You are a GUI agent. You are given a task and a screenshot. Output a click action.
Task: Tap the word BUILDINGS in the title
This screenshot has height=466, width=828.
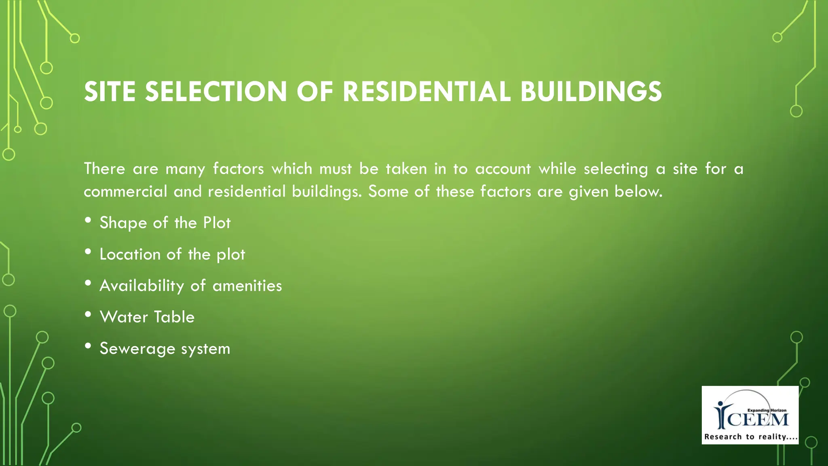tap(591, 91)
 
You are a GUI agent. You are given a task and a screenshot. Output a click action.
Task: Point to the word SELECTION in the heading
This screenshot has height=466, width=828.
tap(216, 91)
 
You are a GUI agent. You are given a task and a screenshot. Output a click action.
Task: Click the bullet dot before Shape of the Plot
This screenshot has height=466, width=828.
tap(88, 220)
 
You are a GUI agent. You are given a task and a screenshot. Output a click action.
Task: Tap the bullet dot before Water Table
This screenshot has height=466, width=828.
tap(88, 315)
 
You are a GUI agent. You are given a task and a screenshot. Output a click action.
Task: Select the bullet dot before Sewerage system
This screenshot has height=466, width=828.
tap(88, 346)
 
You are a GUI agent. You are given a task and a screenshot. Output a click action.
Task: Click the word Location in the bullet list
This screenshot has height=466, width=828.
tap(130, 254)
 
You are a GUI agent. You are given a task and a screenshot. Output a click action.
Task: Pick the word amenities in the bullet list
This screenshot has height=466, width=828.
tap(247, 286)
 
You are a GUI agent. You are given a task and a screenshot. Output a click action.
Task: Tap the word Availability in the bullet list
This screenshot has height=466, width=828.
tap(142, 286)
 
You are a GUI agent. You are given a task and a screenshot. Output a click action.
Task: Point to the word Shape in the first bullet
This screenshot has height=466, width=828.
tap(123, 223)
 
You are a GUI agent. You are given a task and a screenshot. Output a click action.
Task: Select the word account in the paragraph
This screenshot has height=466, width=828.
tap(503, 169)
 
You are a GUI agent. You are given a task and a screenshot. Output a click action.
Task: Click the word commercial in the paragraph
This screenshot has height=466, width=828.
tap(125, 192)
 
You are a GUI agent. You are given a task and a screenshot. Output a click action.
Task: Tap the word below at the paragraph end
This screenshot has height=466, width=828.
tap(638, 192)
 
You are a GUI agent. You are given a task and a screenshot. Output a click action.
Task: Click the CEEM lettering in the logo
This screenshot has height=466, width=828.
tap(758, 420)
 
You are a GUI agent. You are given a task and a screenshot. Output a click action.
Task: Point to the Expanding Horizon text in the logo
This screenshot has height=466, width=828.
tap(767, 410)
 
